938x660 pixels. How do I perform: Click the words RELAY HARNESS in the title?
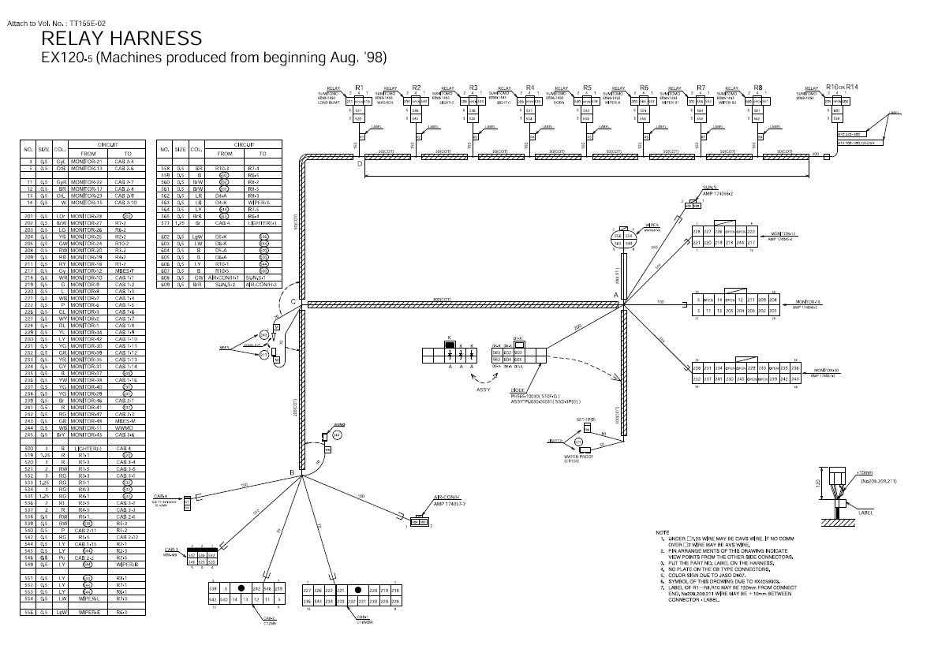121,38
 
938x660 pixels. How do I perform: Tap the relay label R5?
587,87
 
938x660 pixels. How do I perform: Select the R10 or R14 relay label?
841,86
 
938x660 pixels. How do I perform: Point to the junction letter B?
292,472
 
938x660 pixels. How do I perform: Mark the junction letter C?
293,302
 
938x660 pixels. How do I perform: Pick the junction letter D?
360,164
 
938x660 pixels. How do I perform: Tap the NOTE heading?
663,532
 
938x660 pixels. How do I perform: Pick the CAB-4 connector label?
159,496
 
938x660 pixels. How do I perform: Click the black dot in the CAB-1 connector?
358,590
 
